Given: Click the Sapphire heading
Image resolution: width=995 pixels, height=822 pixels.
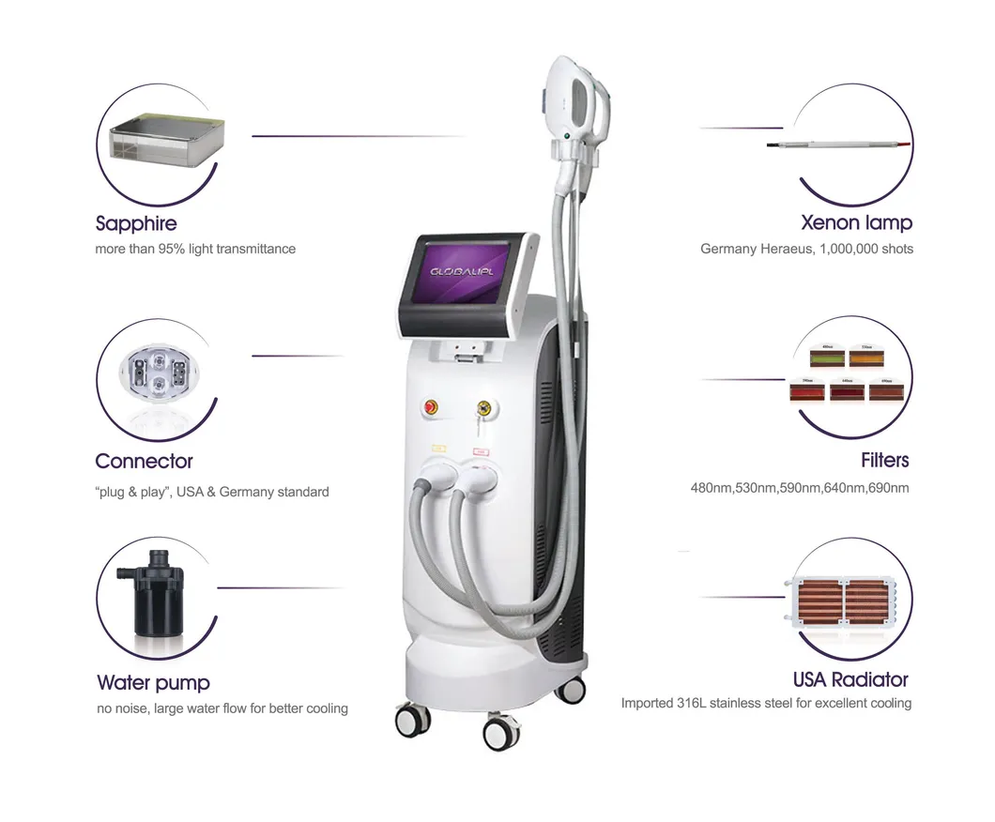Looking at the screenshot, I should [136, 223].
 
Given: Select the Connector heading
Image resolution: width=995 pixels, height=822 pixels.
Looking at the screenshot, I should [144, 461].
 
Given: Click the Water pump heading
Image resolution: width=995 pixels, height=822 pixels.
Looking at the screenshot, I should [153, 682].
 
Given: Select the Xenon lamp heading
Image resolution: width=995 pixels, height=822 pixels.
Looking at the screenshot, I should [855, 222].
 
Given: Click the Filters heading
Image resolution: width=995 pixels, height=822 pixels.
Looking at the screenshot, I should [884, 460].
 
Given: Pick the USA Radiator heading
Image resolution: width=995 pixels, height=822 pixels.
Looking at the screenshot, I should [850, 678].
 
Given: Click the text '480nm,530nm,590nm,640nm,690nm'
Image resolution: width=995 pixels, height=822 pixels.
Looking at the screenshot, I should [800, 487].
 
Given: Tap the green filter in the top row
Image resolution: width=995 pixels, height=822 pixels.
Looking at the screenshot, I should [827, 357].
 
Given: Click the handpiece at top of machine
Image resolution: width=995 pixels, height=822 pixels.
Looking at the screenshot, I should [574, 103].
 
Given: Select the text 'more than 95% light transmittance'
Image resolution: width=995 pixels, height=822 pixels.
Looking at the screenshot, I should [195, 249].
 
